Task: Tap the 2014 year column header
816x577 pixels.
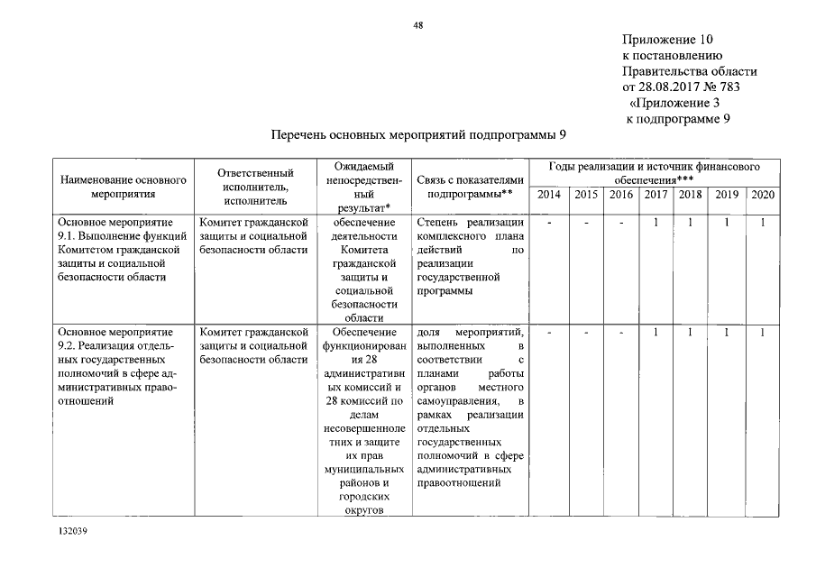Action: pyautogui.click(x=548, y=195)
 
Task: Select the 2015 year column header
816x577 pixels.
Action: pyautogui.click(x=586, y=195)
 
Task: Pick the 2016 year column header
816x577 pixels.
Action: pyautogui.click(x=621, y=195)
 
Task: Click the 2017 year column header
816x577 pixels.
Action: pyautogui.click(x=656, y=195)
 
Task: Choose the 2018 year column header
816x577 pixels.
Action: pyautogui.click(x=691, y=195)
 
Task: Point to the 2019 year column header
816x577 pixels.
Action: pyautogui.click(x=727, y=195)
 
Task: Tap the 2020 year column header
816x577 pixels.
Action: pyautogui.click(x=763, y=195)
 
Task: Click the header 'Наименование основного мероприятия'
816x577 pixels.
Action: pyautogui.click(x=123, y=187)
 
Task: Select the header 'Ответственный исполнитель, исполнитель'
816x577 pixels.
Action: pyautogui.click(x=257, y=187)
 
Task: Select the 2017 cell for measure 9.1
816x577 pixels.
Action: pyautogui.click(x=656, y=222)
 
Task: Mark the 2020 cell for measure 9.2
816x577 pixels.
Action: pyautogui.click(x=763, y=334)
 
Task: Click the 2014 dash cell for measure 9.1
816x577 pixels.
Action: pyautogui.click(x=548, y=222)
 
